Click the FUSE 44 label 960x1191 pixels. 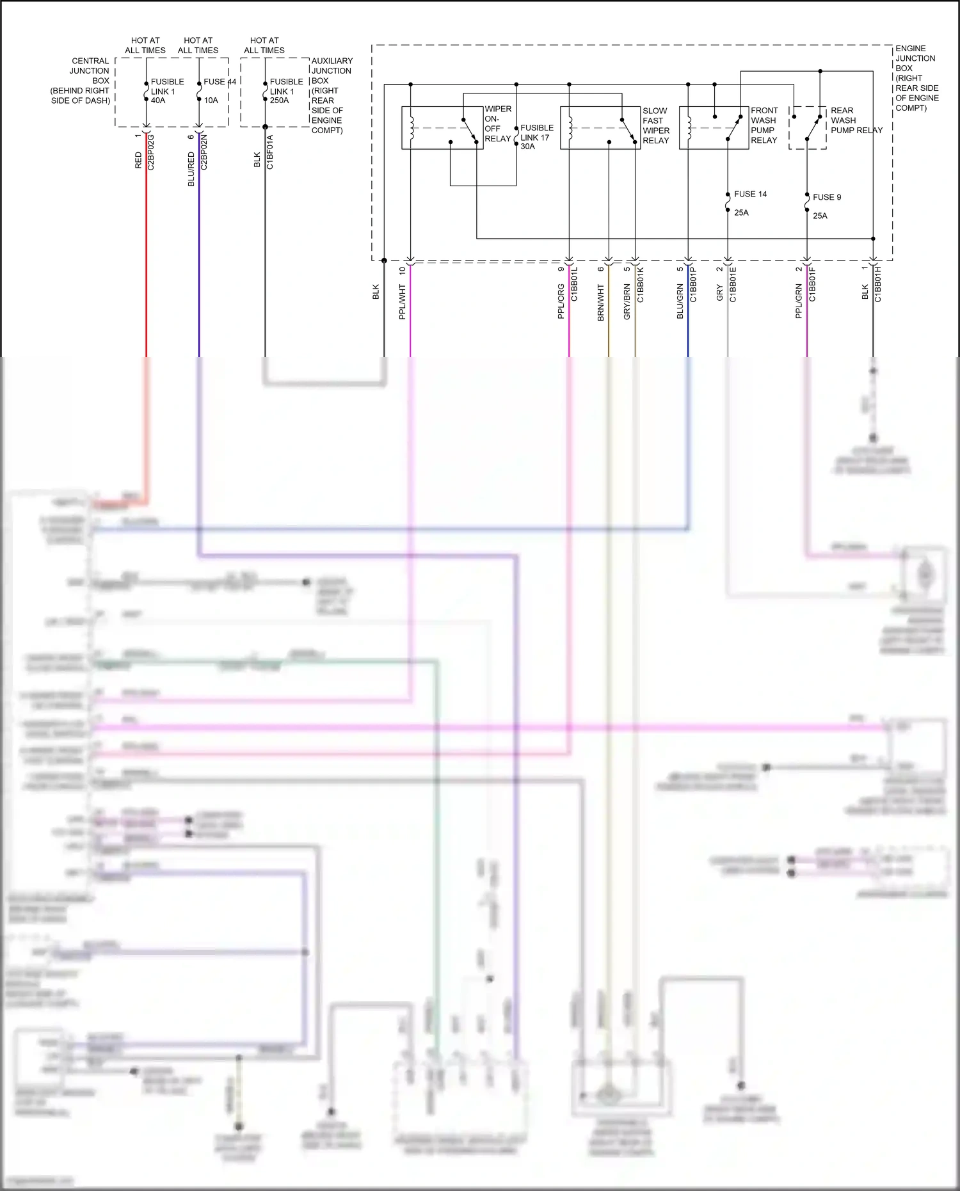(x=220, y=82)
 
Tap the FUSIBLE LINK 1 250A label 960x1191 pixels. (x=286, y=91)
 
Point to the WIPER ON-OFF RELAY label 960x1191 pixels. (x=498, y=124)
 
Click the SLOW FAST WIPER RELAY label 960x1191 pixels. (x=656, y=125)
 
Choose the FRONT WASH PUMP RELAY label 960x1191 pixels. (x=764, y=125)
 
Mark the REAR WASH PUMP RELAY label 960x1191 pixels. (x=856, y=120)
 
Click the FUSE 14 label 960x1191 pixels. (x=750, y=194)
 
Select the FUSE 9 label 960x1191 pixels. (x=827, y=197)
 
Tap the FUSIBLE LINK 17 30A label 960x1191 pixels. (x=536, y=137)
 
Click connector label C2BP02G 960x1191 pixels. (x=151, y=152)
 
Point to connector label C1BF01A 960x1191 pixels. (x=270, y=152)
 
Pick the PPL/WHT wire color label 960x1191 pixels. (x=402, y=302)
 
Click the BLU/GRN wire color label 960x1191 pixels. (x=680, y=302)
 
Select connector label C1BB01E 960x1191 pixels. (x=733, y=285)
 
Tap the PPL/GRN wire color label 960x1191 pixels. (x=799, y=302)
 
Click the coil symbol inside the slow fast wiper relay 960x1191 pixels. (x=570, y=127)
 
